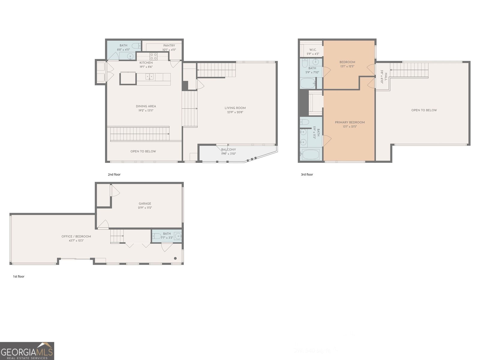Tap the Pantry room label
tap(169, 46)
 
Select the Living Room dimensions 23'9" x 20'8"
tap(235, 112)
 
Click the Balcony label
tap(229, 149)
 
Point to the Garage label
tap(145, 203)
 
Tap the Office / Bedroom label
tap(76, 236)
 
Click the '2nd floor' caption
tap(114, 174)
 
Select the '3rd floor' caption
tap(307, 174)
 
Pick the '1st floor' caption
tap(19, 276)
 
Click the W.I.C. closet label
tap(313, 50)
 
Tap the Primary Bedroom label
tap(350, 122)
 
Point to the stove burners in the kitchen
tap(154, 56)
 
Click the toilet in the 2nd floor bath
tap(136, 46)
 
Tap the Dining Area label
tap(146, 106)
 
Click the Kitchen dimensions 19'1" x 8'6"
tap(146, 67)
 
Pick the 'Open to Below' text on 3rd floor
tap(424, 110)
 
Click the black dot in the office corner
tap(175, 258)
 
